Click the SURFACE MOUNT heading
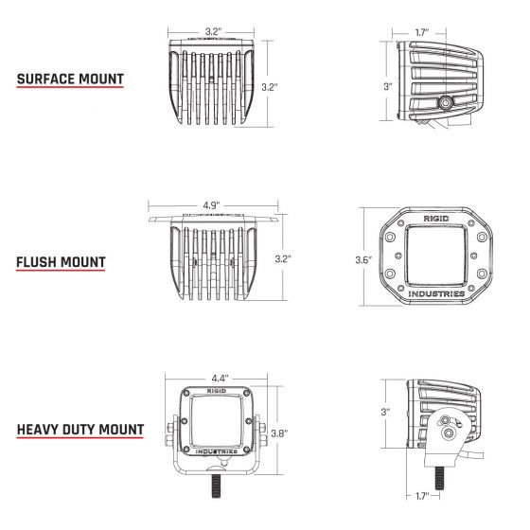click(70, 79)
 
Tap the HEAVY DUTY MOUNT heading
click(80, 429)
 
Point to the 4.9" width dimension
click(212, 203)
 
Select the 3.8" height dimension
click(279, 434)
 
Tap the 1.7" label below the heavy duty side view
click(424, 495)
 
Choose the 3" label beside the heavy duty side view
click(386, 412)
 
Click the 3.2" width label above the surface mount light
click(213, 32)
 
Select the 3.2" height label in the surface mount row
click(270, 87)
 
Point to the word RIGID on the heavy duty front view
click(215, 389)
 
